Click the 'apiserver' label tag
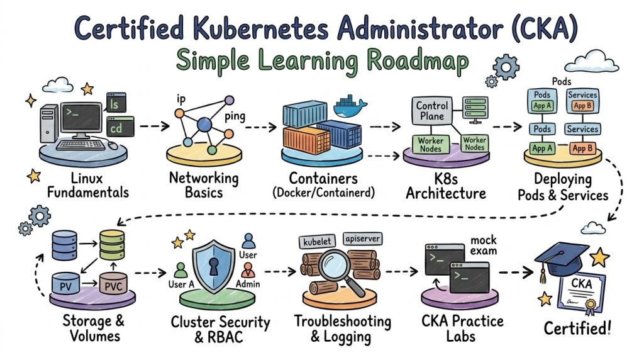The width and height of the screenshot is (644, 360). pos(363,239)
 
